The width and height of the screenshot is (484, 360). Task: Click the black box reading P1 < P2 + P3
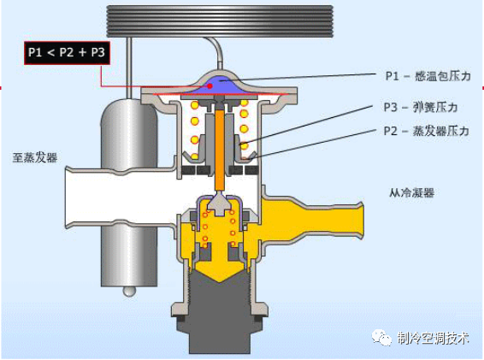pyautogui.click(x=67, y=53)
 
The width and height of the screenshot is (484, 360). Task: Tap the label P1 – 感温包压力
pyautogui.click(x=428, y=76)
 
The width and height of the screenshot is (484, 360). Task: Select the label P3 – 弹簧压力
pyautogui.click(x=421, y=107)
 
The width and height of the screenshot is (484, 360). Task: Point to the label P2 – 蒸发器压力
pyautogui.click(x=426, y=131)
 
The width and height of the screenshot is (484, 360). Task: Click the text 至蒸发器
pyautogui.click(x=35, y=157)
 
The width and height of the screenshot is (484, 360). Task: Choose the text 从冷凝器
pyautogui.click(x=411, y=192)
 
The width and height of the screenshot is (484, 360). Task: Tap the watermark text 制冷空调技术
pyautogui.click(x=433, y=339)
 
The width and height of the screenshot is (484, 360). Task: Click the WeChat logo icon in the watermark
pyautogui.click(x=381, y=337)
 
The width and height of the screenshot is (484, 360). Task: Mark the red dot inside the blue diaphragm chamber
pyautogui.click(x=210, y=86)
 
